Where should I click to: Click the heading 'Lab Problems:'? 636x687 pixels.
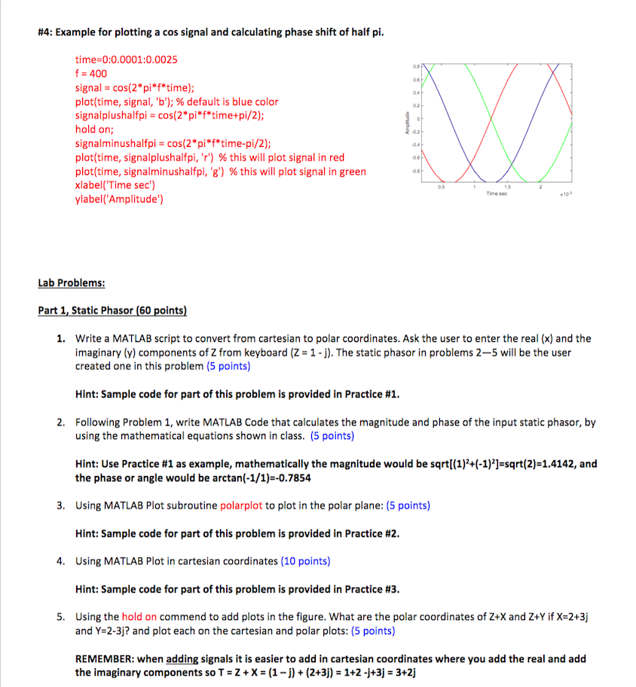pyautogui.click(x=72, y=283)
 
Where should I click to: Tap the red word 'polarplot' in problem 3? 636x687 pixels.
pyautogui.click(x=241, y=505)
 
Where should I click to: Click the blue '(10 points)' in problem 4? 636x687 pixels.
pyautogui.click(x=305, y=560)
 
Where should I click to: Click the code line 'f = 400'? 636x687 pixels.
pyautogui.click(x=91, y=73)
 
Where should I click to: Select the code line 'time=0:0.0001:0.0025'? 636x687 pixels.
pyautogui.click(x=127, y=59)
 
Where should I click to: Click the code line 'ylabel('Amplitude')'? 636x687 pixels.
pyautogui.click(x=120, y=199)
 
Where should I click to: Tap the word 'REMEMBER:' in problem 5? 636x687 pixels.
pyautogui.click(x=105, y=658)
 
